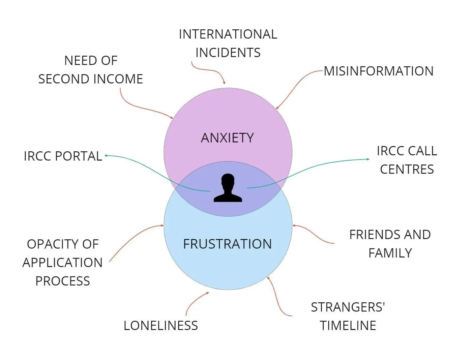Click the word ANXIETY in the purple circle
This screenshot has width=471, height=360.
pos(227,138)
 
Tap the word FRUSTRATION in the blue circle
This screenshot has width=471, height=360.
pos(227,244)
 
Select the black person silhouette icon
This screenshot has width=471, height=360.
pos(228,188)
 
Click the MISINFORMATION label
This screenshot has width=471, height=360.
pos(378,71)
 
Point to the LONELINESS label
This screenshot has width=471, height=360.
pos(161,326)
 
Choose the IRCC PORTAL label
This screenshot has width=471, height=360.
pos(63,156)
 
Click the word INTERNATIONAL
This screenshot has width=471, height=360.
pos(228,34)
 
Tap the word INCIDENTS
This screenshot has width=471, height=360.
pos(228,53)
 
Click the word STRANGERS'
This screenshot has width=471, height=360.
pos(348,307)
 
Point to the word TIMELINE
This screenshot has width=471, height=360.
pos(348,326)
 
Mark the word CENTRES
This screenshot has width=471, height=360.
pos(407,169)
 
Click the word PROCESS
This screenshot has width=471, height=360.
pos(63,281)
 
